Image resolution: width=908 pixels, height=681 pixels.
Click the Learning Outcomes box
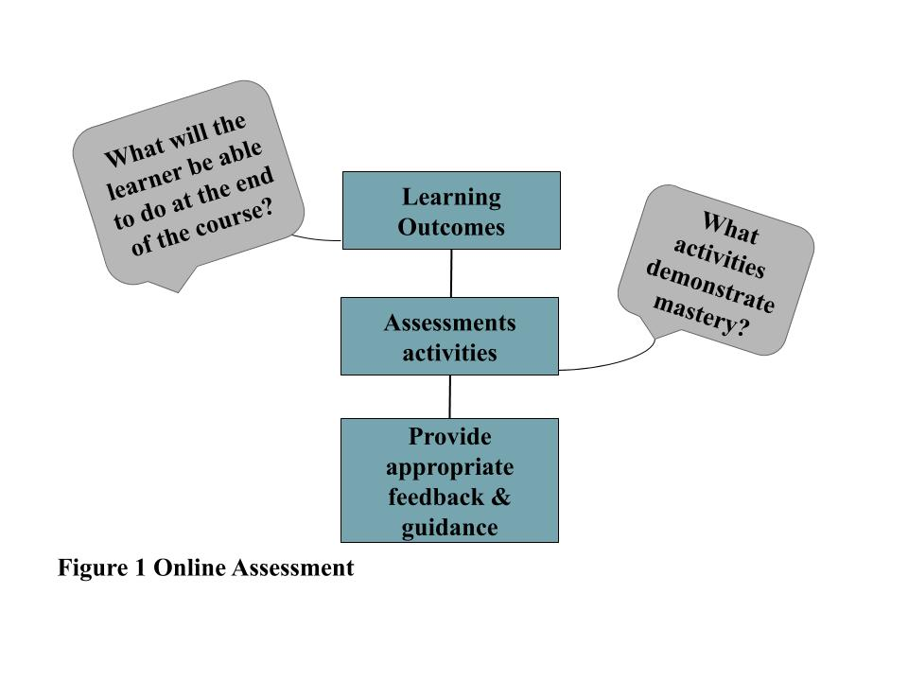[x=450, y=210]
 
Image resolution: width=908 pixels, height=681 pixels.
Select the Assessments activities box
[x=449, y=336]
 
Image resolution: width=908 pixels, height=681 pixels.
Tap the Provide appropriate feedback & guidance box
[x=449, y=480]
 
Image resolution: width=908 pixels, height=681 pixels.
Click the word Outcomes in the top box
[x=450, y=228]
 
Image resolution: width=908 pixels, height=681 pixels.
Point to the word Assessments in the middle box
[x=449, y=323]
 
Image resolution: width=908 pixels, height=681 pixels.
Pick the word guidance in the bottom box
[x=449, y=527]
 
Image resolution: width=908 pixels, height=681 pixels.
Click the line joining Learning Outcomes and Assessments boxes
[x=451, y=273]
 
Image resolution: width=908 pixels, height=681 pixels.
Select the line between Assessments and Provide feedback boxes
[x=449, y=396]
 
